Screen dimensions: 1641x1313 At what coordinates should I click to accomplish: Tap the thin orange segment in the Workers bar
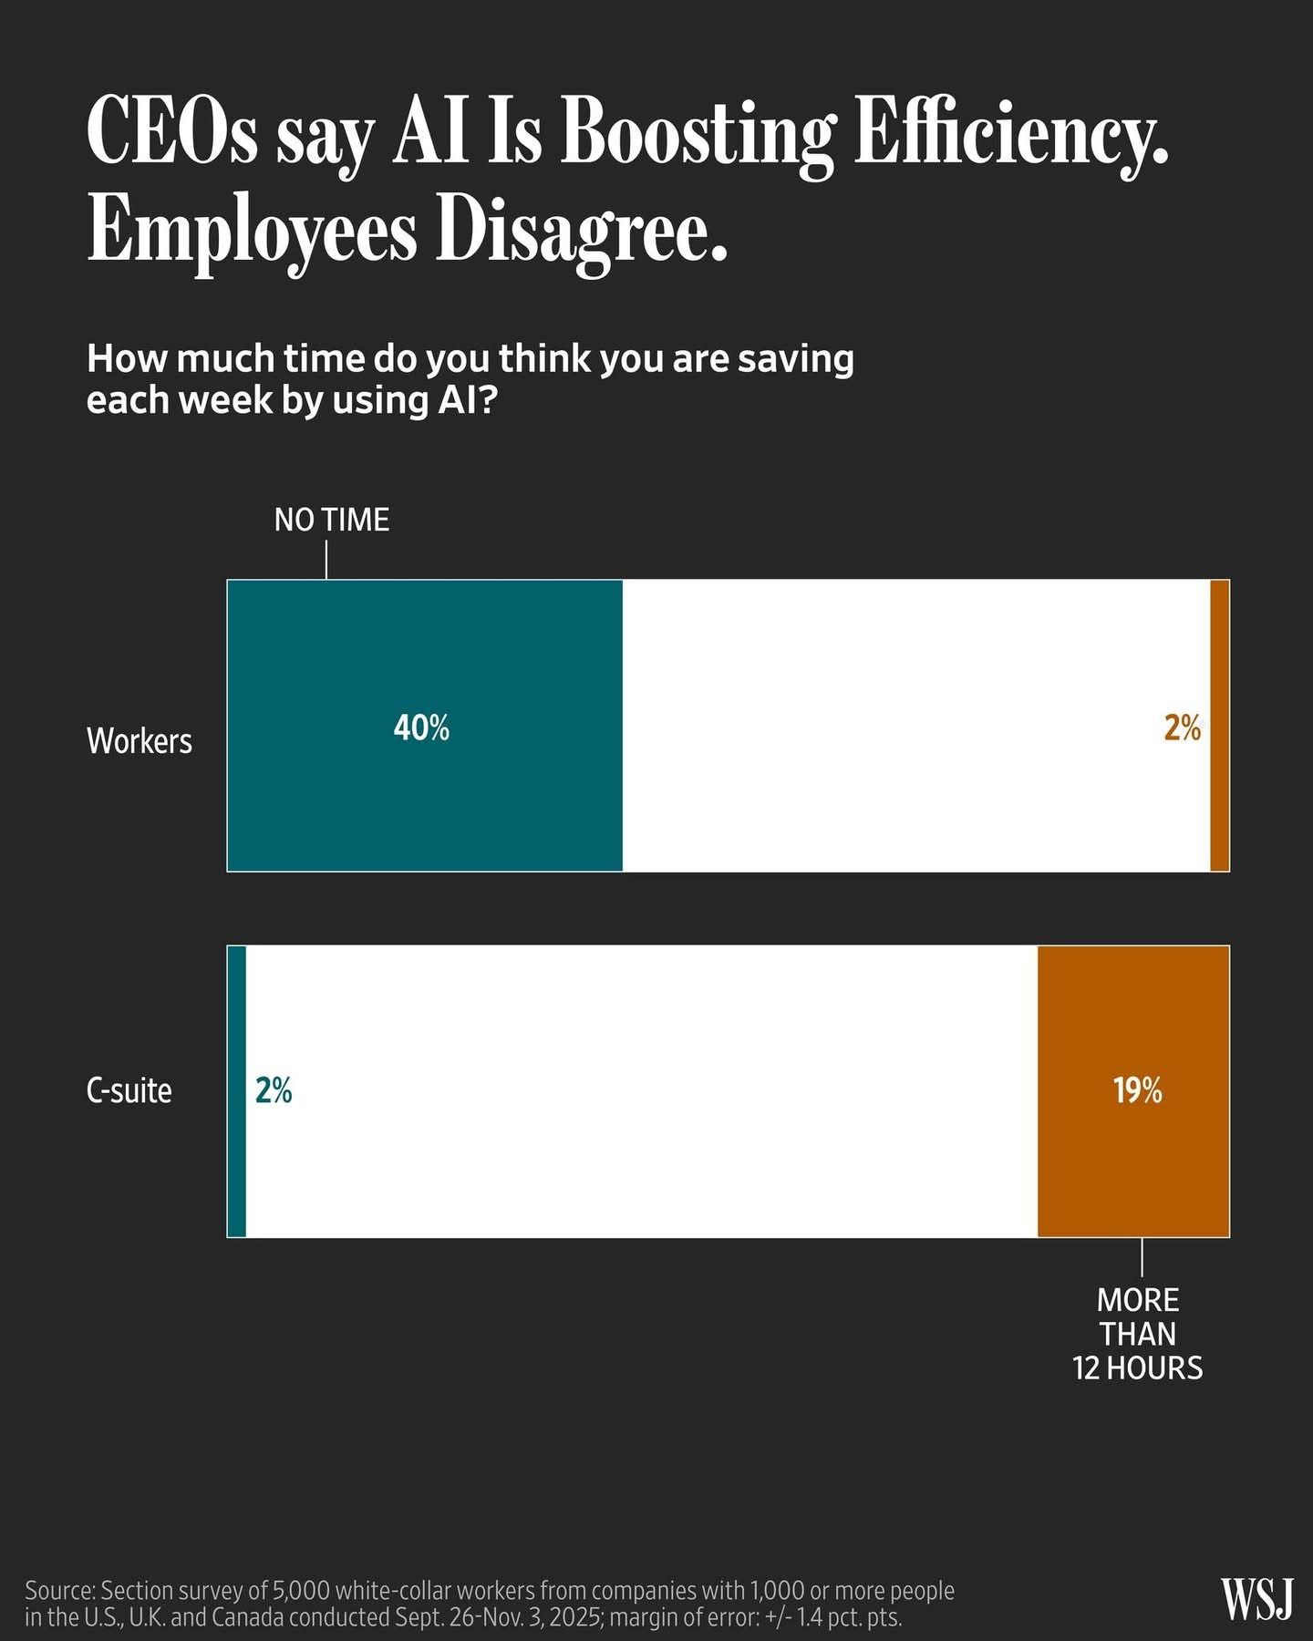pyautogui.click(x=1219, y=802)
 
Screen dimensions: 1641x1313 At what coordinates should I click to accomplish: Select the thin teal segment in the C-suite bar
pyautogui.click(x=236, y=1167)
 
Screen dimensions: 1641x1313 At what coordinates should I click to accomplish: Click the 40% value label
pyautogui.click(x=421, y=728)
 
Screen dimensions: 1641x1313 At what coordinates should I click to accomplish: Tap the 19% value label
pyautogui.click(x=1137, y=1090)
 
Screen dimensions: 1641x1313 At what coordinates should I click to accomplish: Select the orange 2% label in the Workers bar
pyautogui.click(x=1182, y=728)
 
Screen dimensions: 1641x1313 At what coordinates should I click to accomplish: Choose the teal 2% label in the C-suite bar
pyautogui.click(x=274, y=1090)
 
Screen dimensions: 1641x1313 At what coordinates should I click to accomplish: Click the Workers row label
pyautogui.click(x=140, y=740)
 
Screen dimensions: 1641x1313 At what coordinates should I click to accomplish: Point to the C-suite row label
pyautogui.click(x=129, y=1090)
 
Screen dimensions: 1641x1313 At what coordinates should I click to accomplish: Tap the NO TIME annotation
pyautogui.click(x=332, y=521)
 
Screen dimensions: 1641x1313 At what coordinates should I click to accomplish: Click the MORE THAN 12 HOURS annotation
pyautogui.click(x=1138, y=1334)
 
